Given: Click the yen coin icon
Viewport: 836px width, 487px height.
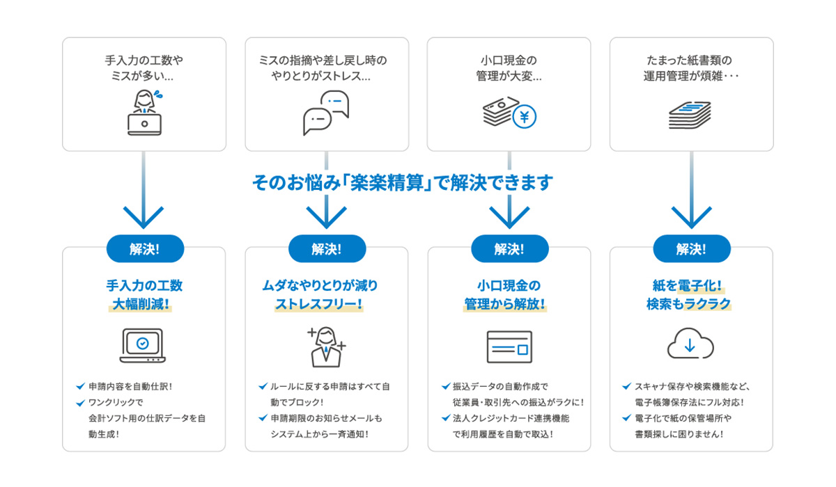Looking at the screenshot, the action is pyautogui.click(x=525, y=117).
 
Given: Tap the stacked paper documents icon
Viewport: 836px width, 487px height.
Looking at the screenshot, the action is pyautogui.click(x=690, y=115).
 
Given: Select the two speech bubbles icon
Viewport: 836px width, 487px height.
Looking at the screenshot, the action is pyautogui.click(x=326, y=113).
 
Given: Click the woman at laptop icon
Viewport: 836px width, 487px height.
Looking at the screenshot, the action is pyautogui.click(x=145, y=112).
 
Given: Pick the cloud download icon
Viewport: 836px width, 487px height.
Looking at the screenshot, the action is pyautogui.click(x=690, y=343).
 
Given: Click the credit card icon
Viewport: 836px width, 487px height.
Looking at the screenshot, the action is pyautogui.click(x=509, y=346).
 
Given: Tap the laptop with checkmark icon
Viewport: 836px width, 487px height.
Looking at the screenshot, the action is pyautogui.click(x=142, y=345).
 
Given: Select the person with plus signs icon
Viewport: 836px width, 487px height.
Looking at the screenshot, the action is pyautogui.click(x=327, y=347).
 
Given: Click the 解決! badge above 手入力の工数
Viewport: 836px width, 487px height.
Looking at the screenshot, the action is pyautogui.click(x=145, y=248).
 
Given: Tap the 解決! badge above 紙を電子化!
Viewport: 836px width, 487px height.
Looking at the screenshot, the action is pyautogui.click(x=692, y=248).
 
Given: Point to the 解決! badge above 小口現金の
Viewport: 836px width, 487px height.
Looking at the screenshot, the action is pyautogui.click(x=510, y=248).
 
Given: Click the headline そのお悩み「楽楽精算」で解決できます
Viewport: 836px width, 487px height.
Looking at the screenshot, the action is pyautogui.click(x=403, y=182).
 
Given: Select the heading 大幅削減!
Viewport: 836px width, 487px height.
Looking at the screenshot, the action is pyautogui.click(x=141, y=304).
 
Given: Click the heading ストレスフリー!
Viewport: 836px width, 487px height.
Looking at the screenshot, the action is pyautogui.click(x=319, y=304).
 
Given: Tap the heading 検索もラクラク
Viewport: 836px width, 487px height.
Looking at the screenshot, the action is pyautogui.click(x=688, y=304).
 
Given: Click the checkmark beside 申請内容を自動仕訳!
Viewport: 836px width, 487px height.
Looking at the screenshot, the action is pyautogui.click(x=80, y=386).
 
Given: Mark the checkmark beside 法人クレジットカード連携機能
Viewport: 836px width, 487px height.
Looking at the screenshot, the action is pyautogui.click(x=446, y=418).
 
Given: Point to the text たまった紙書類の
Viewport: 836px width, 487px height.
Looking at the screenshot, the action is pyautogui.click(x=689, y=60).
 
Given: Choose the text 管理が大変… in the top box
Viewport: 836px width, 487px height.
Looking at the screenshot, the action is pyautogui.click(x=509, y=76).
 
